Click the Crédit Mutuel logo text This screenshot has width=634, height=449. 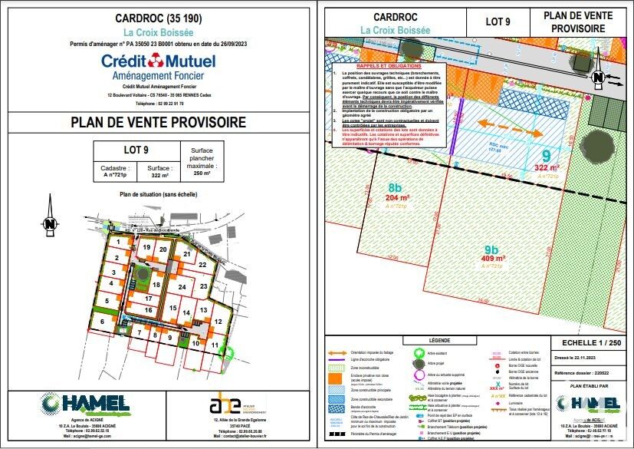(x=159, y=61)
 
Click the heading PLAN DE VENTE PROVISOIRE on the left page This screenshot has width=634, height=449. (x=159, y=122)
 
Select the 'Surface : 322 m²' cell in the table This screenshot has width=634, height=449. (x=158, y=171)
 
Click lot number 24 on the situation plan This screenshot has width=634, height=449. (x=182, y=286)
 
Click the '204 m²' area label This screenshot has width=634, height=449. (x=397, y=197)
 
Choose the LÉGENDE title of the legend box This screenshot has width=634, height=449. (x=439, y=340)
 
